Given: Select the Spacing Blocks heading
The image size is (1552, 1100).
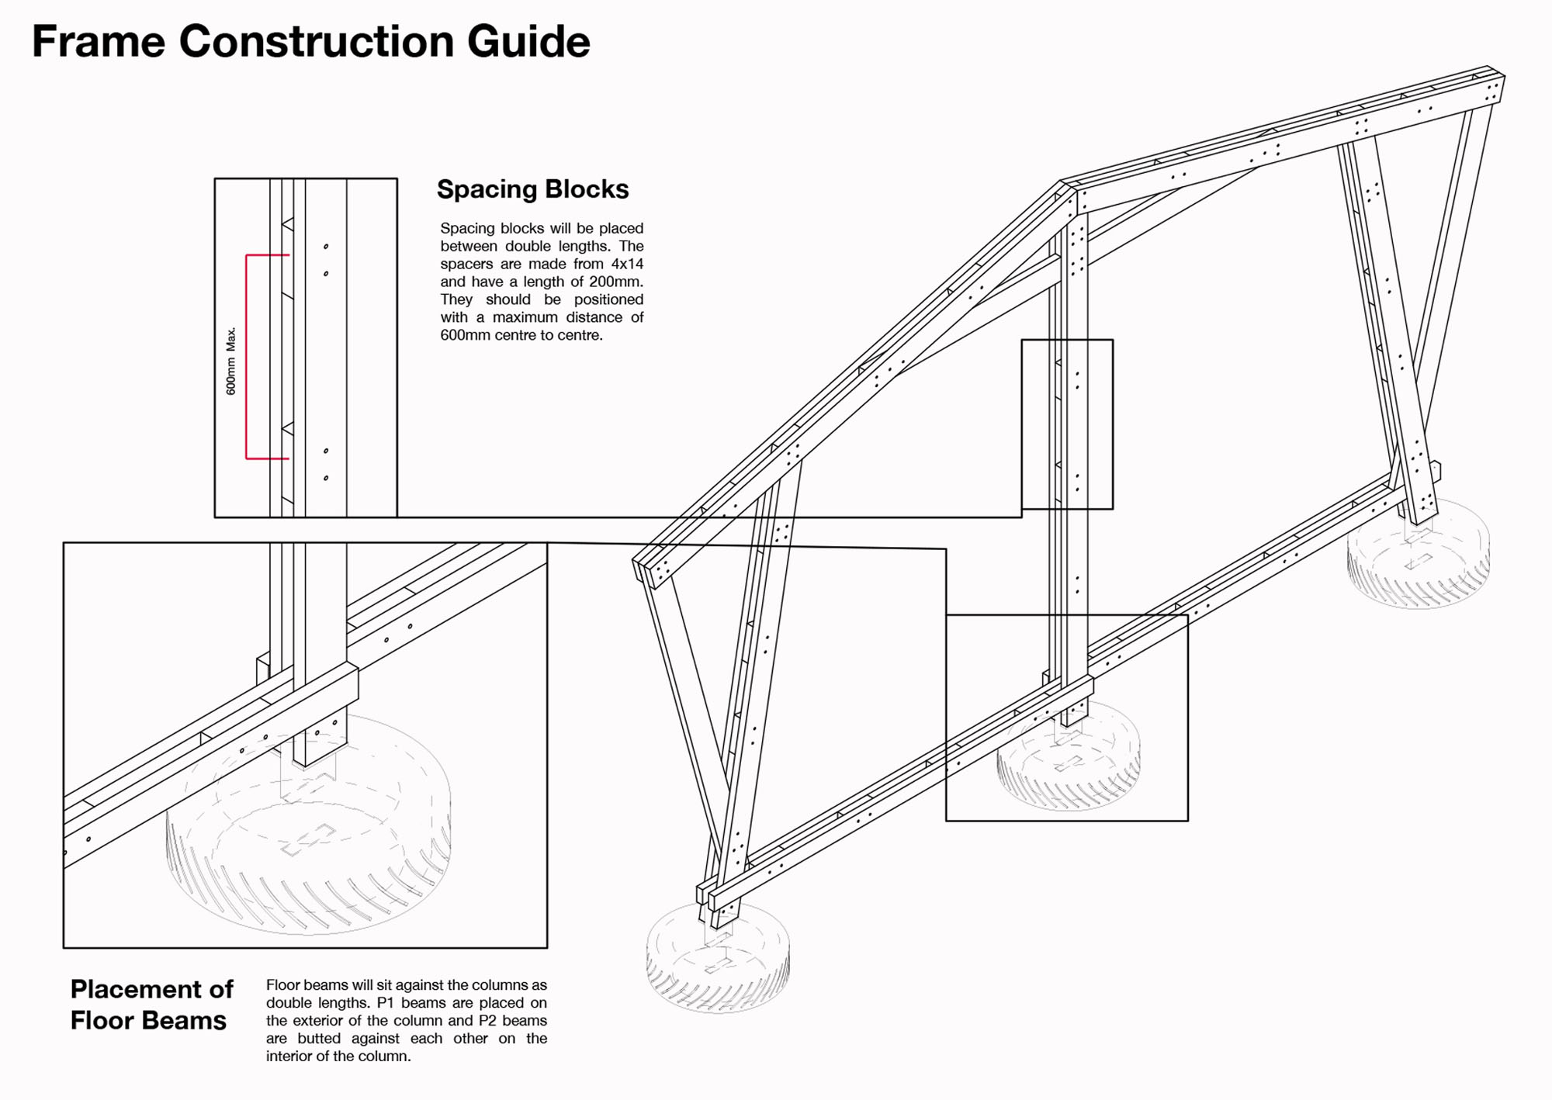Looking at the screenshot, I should click(x=532, y=189).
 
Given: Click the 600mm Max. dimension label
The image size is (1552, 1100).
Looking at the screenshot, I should click(x=230, y=361).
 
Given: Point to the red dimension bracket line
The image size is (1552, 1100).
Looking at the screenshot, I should click(x=247, y=357).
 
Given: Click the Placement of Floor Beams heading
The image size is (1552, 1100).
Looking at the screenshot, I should click(x=151, y=1005).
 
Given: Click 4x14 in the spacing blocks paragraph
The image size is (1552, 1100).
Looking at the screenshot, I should click(x=627, y=264).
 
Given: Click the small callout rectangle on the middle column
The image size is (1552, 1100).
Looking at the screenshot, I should click(x=1067, y=424).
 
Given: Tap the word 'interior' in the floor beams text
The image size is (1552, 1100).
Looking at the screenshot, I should click(x=291, y=1056).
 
